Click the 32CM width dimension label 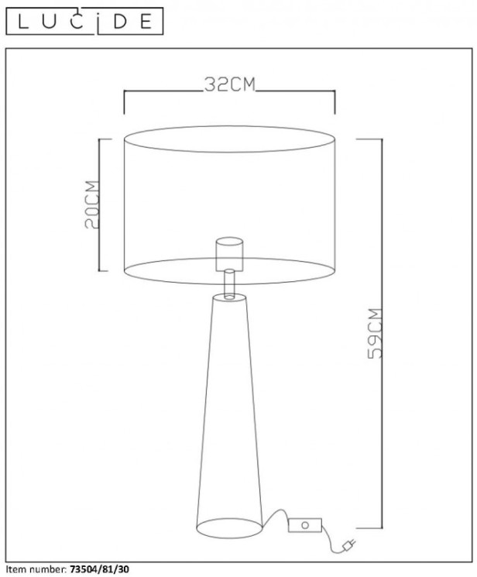[x=229, y=85]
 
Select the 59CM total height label [x=375, y=333]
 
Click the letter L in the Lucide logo [x=23, y=22]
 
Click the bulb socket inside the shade [x=229, y=252]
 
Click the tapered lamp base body [x=229, y=410]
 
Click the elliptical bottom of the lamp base [x=229, y=528]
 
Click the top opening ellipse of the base [x=229, y=298]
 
